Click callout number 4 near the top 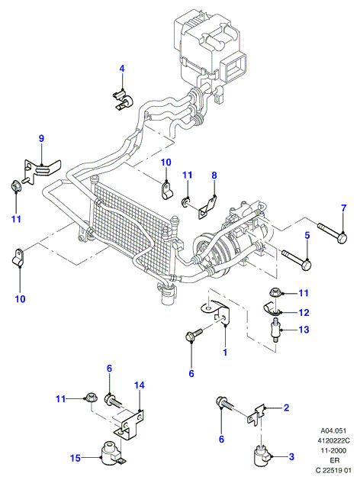(122, 69)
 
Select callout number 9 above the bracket (42, 138)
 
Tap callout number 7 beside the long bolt (343, 208)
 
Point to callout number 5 (307, 235)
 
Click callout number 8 (214, 175)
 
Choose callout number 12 (304, 313)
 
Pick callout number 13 (304, 330)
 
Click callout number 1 (225, 353)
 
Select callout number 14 (139, 385)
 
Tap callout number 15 (76, 458)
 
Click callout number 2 (286, 408)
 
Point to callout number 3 (291, 457)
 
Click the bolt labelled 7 (333, 232)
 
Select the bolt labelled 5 (297, 259)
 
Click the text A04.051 (333, 430)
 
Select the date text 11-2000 (333, 450)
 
